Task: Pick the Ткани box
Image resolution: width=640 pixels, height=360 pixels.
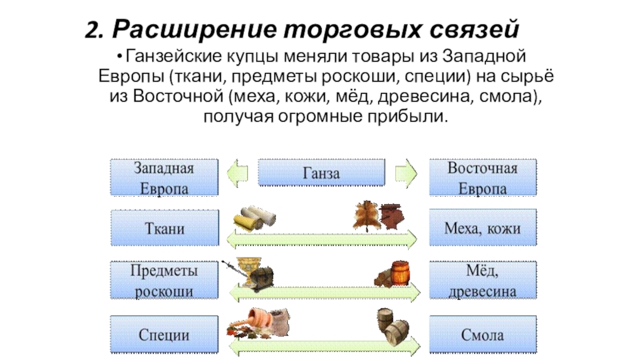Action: click(163, 229)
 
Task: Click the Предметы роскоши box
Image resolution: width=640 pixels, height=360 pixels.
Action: click(163, 280)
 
